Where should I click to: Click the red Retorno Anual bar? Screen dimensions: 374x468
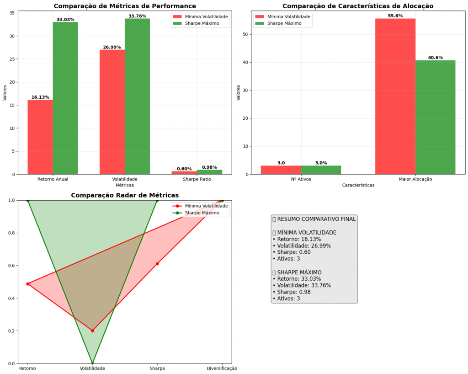coord(40,137)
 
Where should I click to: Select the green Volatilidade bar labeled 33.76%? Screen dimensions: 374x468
coord(137,96)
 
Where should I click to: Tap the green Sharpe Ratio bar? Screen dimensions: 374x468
coord(209,172)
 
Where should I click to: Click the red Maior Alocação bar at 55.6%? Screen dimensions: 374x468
coord(395,96)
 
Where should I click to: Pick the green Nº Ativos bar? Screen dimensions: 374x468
coord(321,170)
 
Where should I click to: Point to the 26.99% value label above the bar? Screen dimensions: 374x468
coord(112,47)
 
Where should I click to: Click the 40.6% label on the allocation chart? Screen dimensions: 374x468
coord(435,58)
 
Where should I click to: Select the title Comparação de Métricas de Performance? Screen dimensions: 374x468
coord(125,6)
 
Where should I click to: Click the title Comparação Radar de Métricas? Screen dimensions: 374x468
coord(125,195)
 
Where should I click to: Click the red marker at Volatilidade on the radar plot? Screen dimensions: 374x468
coord(92,331)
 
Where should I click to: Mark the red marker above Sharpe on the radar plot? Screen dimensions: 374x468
coord(157,264)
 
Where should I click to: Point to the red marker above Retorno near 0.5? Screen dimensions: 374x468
coord(28,284)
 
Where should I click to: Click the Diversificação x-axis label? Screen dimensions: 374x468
coord(222,369)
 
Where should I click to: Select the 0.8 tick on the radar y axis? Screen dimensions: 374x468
coord(11,233)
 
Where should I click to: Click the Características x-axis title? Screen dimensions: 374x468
coord(358,185)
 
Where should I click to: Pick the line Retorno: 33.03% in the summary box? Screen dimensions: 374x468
coord(297,279)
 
